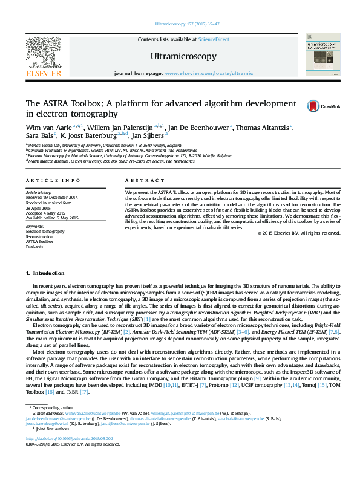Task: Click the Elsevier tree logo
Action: click(x=44, y=54)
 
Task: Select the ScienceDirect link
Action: click(x=214, y=39)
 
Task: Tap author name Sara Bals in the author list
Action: click(x=39, y=137)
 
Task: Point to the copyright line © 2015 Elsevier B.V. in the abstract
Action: click(x=298, y=233)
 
